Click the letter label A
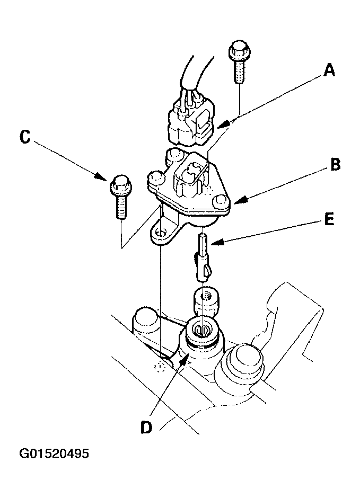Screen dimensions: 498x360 pyautogui.click(x=329, y=70)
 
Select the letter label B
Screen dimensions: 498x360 pyautogui.click(x=335, y=165)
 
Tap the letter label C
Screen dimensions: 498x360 pyautogui.click(x=24, y=137)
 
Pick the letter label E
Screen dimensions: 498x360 pyautogui.click(x=329, y=220)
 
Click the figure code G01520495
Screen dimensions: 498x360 pyautogui.click(x=54, y=454)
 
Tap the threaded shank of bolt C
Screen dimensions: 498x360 pyautogui.click(x=120, y=207)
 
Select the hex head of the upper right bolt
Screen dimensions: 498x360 pyautogui.click(x=238, y=52)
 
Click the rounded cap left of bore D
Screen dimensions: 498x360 pyautogui.click(x=146, y=319)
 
